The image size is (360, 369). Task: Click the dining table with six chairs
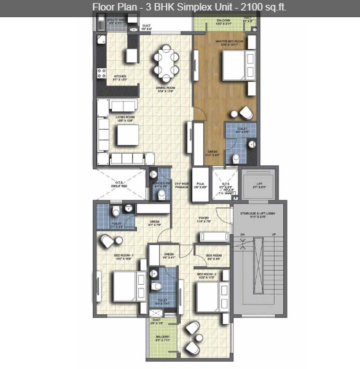coord(165,61)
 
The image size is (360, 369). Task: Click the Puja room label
coord(200,184)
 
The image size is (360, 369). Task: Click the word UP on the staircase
coord(274,235)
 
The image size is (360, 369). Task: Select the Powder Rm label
coord(162,183)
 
